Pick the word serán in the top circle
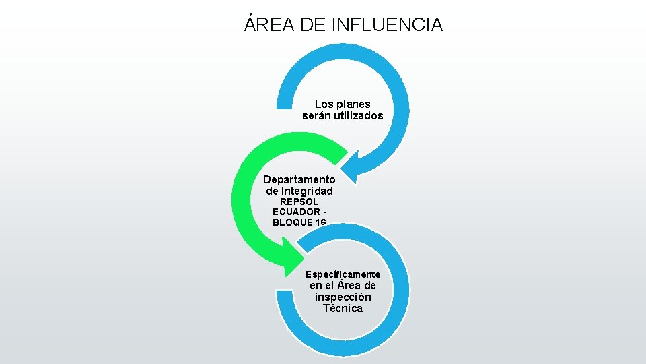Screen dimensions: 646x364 [x=316, y=116]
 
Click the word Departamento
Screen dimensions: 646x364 [x=299, y=179]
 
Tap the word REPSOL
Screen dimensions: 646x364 [x=299, y=202]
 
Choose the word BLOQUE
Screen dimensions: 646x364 [x=292, y=222]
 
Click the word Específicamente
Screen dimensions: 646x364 [x=343, y=274]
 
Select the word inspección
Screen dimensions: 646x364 [x=343, y=297]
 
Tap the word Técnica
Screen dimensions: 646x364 [x=343, y=309]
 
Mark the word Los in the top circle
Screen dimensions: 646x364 [x=324, y=104]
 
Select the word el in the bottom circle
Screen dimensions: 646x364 [x=329, y=286]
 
